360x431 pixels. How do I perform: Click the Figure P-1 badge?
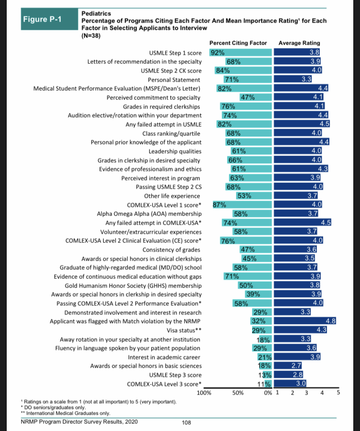[x=49, y=19]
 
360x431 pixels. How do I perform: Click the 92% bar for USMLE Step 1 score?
[x=240, y=52]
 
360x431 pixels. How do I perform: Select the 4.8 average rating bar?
[x=305, y=321]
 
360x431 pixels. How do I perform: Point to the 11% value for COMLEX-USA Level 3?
[x=264, y=383]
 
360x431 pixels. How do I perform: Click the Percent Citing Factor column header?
[x=238, y=43]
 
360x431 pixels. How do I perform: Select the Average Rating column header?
[x=299, y=43]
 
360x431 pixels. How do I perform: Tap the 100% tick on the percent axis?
[x=204, y=393]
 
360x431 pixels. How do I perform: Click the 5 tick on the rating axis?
[x=338, y=393]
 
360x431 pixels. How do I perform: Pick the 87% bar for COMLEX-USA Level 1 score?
[x=242, y=204]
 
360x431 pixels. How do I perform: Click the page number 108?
[x=186, y=422]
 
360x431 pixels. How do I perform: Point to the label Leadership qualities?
[x=175, y=152]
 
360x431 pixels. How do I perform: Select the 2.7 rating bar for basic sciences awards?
[x=288, y=366]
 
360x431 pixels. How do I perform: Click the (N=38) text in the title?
[x=91, y=36]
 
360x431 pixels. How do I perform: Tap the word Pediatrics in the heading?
[x=96, y=13]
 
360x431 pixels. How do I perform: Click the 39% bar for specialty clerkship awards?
[x=258, y=294]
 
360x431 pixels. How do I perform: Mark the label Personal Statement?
[x=174, y=80]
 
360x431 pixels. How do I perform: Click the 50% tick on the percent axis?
[x=238, y=393]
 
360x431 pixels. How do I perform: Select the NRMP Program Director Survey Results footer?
[x=79, y=422]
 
